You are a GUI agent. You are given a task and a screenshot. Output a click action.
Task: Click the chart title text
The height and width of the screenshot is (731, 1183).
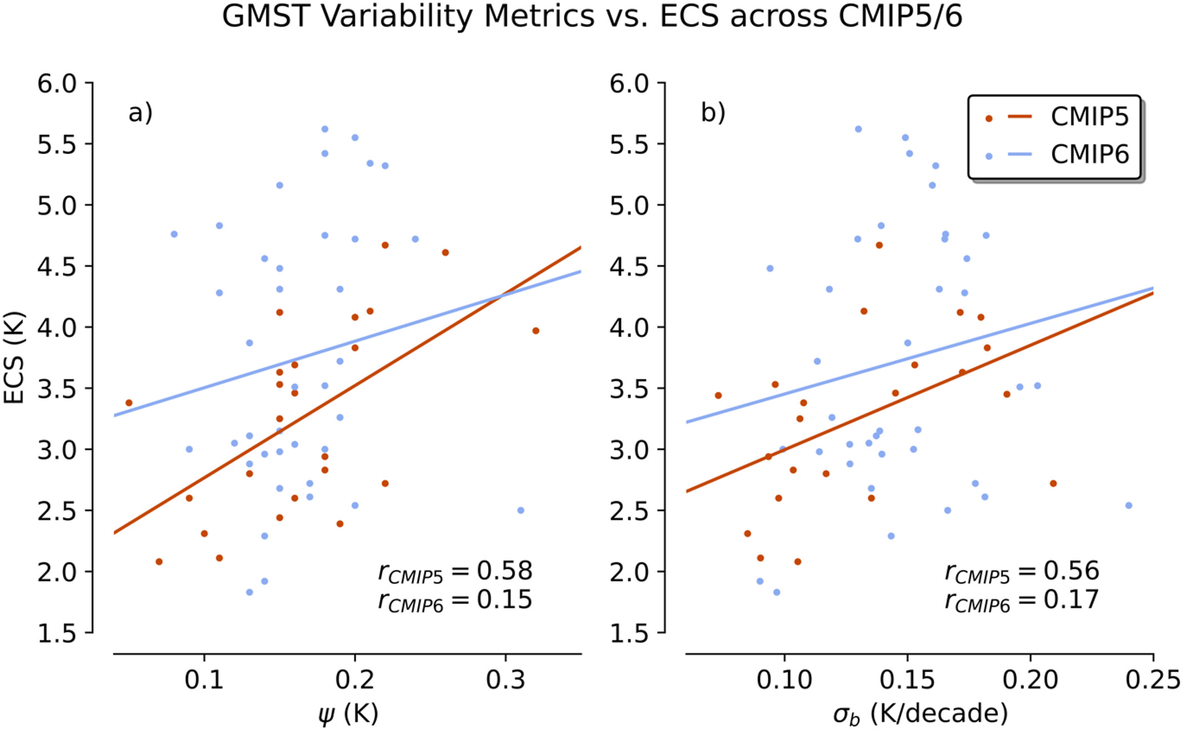(591, 17)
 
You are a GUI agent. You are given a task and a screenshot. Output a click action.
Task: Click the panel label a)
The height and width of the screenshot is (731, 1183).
(140, 113)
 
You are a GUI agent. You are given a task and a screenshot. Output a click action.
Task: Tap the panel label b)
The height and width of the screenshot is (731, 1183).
(713, 113)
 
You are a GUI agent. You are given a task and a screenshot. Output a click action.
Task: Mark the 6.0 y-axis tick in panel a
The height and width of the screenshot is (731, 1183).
(57, 83)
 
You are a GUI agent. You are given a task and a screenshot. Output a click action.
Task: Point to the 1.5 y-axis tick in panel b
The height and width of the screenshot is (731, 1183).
(629, 633)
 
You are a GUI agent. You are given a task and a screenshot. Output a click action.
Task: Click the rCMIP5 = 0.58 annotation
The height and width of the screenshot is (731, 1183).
(455, 571)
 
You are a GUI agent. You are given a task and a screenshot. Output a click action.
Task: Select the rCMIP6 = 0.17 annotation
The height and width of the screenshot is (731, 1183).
(1022, 600)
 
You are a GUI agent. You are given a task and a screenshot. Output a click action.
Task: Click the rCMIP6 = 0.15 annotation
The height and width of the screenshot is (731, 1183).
(455, 600)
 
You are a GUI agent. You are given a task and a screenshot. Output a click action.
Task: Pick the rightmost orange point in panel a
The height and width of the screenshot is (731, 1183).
(536, 331)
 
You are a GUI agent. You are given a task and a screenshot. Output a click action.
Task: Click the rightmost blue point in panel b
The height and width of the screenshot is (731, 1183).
(1129, 505)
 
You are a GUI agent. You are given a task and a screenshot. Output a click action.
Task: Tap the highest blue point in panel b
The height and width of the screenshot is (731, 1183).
(858, 129)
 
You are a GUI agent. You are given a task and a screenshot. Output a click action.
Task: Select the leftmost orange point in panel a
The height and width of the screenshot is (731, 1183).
(129, 402)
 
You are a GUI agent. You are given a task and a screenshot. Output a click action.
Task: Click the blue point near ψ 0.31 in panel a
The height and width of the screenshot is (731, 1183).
(521, 510)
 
